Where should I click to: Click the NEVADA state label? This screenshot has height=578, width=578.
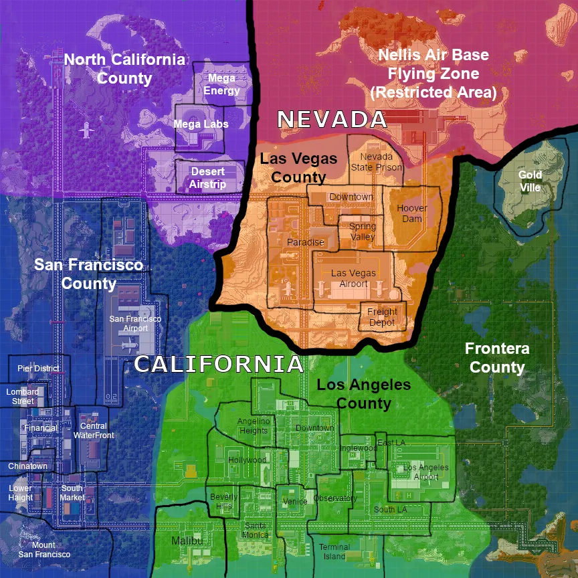tap(332, 120)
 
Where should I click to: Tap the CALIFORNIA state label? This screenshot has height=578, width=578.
tap(219, 365)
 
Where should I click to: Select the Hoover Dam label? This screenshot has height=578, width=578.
tap(412, 213)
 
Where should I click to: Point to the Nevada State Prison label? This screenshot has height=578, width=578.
tap(377, 162)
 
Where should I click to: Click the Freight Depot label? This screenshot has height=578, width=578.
tap(383, 317)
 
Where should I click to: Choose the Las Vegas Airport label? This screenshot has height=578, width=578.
tap(353, 278)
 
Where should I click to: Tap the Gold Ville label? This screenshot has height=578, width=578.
tap(531, 181)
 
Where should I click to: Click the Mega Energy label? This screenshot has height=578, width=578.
tap(221, 85)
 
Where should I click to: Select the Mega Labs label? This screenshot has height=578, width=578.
tap(201, 124)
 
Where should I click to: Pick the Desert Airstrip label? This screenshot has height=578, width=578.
tap(208, 178)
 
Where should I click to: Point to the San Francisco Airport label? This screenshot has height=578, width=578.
tap(136, 324)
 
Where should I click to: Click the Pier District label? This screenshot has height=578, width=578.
tap(38, 369)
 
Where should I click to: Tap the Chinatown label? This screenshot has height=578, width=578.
tap(28, 466)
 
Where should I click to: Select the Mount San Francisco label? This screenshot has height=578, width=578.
tap(44, 550)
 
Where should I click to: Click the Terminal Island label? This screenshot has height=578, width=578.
tap(334, 551)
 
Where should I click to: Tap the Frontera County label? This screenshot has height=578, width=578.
tap(497, 358)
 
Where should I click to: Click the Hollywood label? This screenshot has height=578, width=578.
tap(248, 460)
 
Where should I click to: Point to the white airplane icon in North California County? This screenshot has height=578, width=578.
tap(86, 129)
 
